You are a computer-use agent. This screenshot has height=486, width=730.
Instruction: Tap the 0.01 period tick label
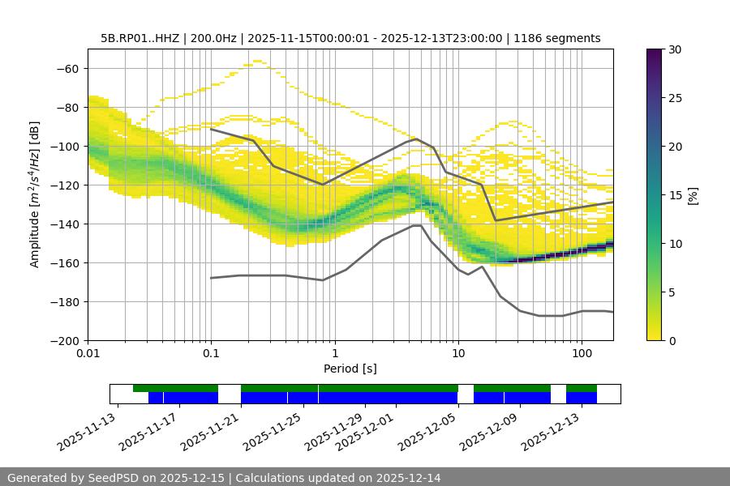coord(88,354)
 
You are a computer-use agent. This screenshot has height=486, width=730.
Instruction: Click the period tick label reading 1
coord(334,354)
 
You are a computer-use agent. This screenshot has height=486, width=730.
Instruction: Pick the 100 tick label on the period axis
coord(581,354)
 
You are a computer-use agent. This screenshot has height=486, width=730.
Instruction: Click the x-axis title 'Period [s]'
coord(350,369)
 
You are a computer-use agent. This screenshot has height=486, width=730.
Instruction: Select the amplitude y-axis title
coord(35,194)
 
